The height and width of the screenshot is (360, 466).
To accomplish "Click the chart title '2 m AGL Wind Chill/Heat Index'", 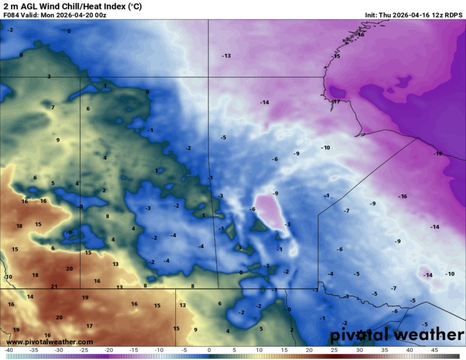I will [x=73, y=6].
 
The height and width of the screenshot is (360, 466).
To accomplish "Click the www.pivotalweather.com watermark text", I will [x=50, y=342].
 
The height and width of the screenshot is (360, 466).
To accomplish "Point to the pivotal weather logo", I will [x=397, y=335].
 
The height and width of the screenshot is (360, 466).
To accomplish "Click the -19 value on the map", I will [x=438, y=154].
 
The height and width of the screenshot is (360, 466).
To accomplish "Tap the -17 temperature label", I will [x=336, y=102].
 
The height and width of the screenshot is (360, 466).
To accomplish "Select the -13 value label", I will [x=226, y=56].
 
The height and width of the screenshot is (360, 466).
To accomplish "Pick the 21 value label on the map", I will [x=54, y=287].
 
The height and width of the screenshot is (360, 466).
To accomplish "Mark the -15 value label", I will [x=336, y=56].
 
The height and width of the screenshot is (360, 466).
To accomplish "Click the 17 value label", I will [x=89, y=326].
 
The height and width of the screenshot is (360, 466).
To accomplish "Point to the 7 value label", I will [x=53, y=107].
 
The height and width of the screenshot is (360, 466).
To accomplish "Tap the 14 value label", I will [x=30, y=297].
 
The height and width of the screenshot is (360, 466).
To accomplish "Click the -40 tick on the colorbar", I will [x=8, y=350].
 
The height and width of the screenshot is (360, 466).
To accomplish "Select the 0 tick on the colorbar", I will [x=209, y=350].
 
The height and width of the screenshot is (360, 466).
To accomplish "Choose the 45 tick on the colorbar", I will [x=434, y=350].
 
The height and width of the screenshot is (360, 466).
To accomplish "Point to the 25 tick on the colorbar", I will [x=334, y=350].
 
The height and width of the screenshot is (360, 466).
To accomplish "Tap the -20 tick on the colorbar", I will [x=109, y=350].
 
